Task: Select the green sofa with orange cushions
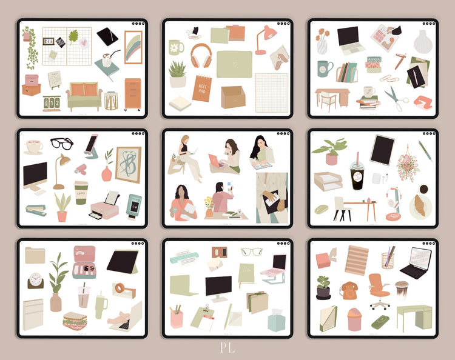84,96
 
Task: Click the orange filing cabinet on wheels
133,94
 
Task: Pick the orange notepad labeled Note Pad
202,88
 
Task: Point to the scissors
397,98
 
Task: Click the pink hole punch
423,101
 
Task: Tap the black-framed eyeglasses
61,144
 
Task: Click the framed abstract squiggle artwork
128,164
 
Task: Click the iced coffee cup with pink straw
357,172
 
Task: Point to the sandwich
75,320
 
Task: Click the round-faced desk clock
36,281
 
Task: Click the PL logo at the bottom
227,348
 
